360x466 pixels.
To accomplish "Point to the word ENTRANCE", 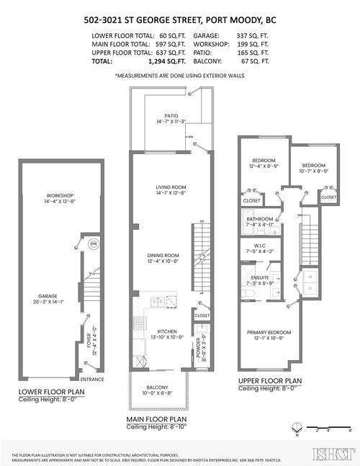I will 92,379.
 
